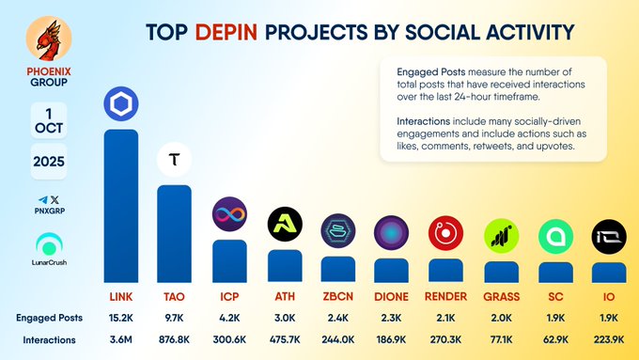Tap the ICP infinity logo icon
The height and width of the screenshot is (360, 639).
point(229,215)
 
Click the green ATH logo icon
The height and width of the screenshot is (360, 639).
point(285,225)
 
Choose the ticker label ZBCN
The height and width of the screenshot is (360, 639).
point(337,296)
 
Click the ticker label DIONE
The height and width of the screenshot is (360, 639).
point(391,296)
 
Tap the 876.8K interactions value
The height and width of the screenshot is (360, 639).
point(175,339)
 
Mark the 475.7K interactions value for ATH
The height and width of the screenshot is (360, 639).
point(285,339)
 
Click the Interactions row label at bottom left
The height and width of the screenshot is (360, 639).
point(49,339)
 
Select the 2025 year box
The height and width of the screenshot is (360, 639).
point(47,161)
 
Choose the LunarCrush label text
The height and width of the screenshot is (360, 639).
point(47,261)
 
